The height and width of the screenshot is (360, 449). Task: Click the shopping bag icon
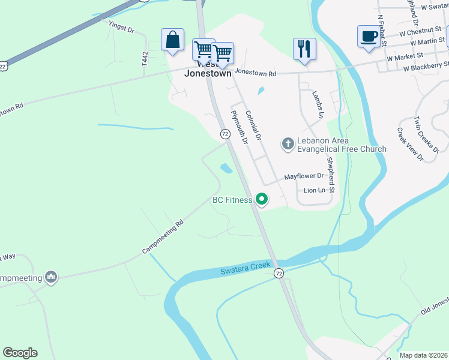[x=173, y=40]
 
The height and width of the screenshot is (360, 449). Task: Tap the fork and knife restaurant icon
[x=304, y=49]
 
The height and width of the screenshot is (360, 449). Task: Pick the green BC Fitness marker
[x=261, y=199]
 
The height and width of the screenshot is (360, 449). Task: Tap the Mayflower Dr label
[x=304, y=176]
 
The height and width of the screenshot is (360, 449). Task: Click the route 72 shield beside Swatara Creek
[x=279, y=274]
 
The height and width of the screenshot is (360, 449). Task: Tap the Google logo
[x=20, y=353]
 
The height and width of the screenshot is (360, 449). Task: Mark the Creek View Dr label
[x=410, y=145]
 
